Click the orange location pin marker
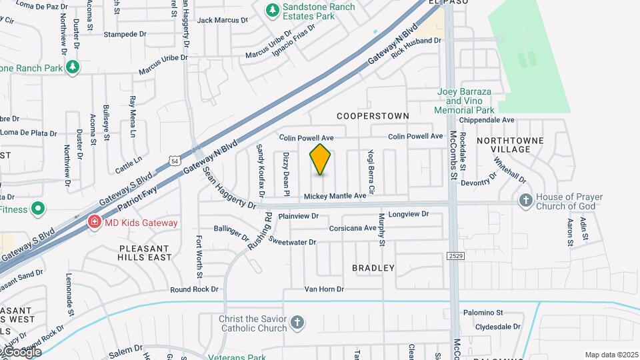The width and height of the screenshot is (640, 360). coord(321,159)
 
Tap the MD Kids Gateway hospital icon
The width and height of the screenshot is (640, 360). coord(95,222)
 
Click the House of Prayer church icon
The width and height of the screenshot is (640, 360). coord(526,199)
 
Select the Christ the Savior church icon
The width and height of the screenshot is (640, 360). coord(297,324)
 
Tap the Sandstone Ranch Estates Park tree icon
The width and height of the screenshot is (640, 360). coord(271,9)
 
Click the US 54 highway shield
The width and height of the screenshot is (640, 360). coord(175,161)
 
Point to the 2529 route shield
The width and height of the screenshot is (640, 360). coord(455,255)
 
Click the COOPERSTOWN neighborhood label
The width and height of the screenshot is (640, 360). coord(373,116)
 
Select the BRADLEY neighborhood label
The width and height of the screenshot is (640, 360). coord(373,268)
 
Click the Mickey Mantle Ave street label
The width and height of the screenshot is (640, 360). coord(335,196)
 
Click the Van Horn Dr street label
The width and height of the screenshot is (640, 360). coord(324,289)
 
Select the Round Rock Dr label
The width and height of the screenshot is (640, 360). coord(194,289)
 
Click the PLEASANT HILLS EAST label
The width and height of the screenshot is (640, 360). coord(145,253)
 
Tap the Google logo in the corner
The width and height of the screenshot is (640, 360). coord(21,351)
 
